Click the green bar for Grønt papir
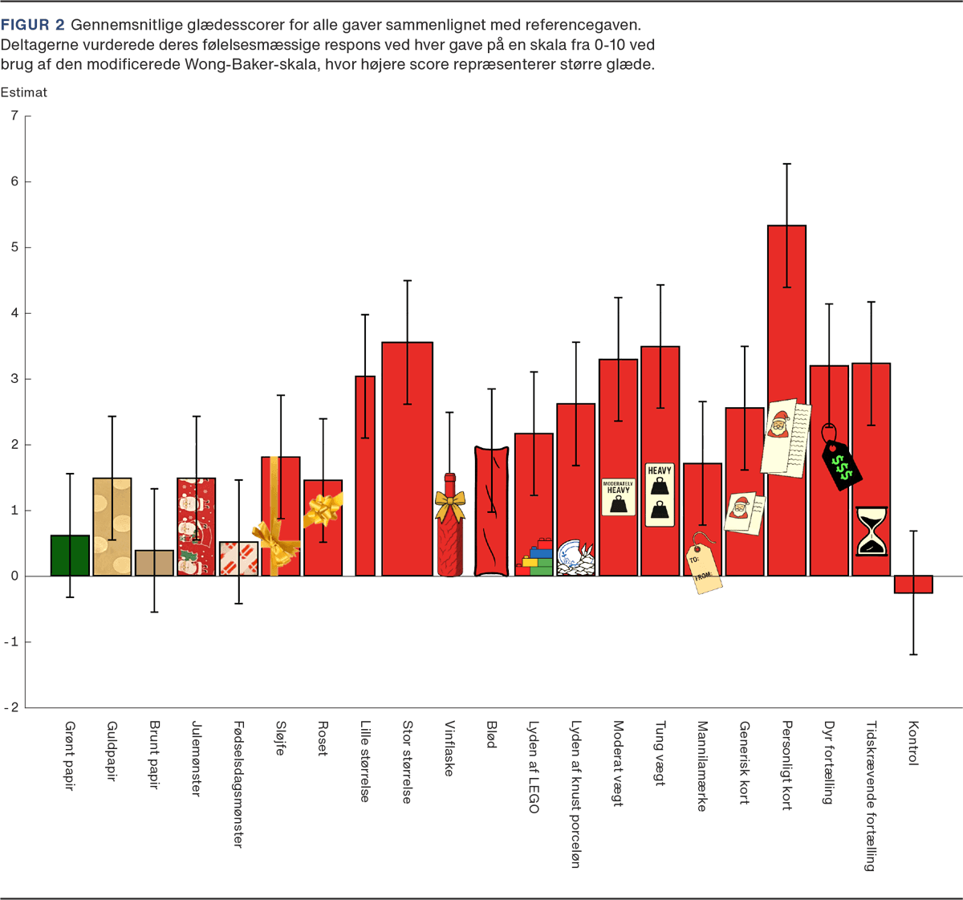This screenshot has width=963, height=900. pyautogui.click(x=70, y=556)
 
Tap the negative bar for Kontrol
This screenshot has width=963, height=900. pyautogui.click(x=913, y=584)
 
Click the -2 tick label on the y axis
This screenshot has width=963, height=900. pyautogui.click(x=13, y=707)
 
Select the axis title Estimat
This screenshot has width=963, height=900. pyautogui.click(x=24, y=92)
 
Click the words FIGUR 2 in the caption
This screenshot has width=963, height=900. pyautogui.click(x=32, y=26)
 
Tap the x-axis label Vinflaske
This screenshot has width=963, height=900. pyautogui.click(x=449, y=747)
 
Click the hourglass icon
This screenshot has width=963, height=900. pyautogui.click(x=872, y=531)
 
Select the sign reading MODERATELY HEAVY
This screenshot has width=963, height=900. pyautogui.click(x=619, y=497)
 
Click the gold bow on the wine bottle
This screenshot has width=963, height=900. pyautogui.click(x=449, y=505)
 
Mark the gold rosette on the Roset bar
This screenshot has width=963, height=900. pyautogui.click(x=323, y=508)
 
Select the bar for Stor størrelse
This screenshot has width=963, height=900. pyautogui.click(x=407, y=458)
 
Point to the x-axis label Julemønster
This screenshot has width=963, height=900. pyautogui.click(x=196, y=758)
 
